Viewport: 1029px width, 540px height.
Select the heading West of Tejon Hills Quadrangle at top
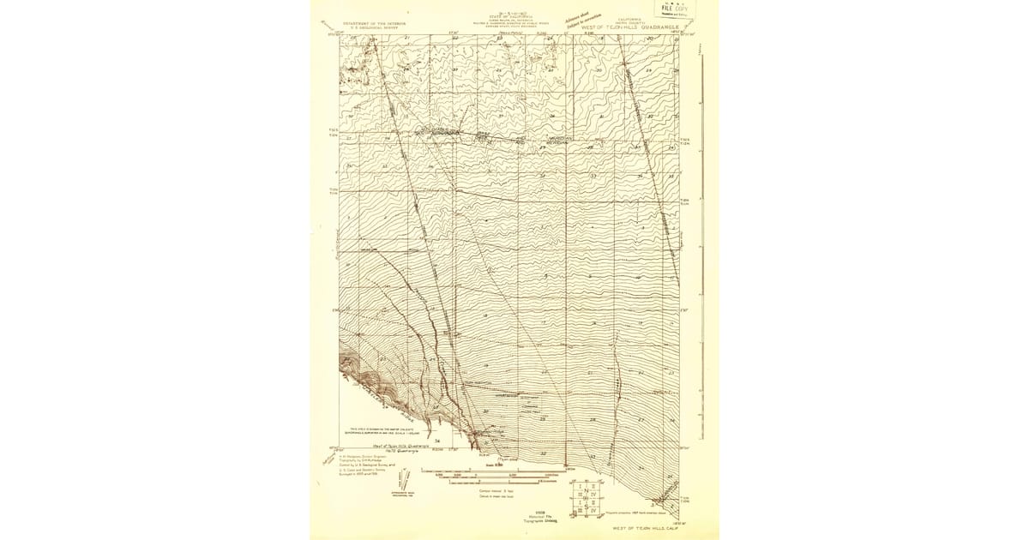pyautogui.click(x=630, y=27)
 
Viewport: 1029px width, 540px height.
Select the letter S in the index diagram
pyautogui.click(x=587, y=506)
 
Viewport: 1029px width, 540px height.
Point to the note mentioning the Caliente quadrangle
pyautogui.click(x=380, y=430)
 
